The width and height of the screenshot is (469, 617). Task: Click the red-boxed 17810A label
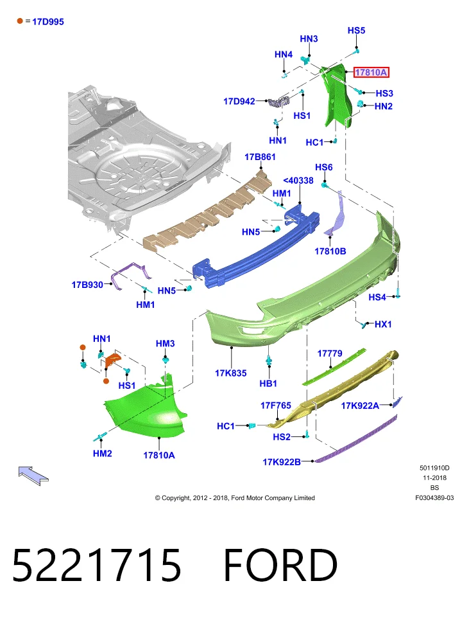pyautogui.click(x=371, y=73)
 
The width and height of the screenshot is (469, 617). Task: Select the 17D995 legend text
pyautogui.click(x=48, y=22)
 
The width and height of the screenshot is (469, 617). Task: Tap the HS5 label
pyautogui.click(x=356, y=30)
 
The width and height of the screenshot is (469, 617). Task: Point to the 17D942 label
pyautogui.click(x=239, y=102)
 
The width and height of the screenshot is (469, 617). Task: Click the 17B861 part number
pyautogui.click(x=260, y=157)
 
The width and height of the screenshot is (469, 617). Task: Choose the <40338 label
pyautogui.click(x=298, y=181)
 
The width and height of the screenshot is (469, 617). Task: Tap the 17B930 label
pyautogui.click(x=87, y=285)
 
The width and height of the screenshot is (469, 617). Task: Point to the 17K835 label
pyautogui.click(x=231, y=373)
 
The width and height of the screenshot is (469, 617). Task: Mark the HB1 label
pyautogui.click(x=268, y=383)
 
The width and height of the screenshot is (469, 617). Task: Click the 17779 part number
pyautogui.click(x=330, y=353)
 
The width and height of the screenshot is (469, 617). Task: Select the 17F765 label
pyautogui.click(x=276, y=406)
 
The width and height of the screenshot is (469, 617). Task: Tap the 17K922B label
pyautogui.click(x=282, y=461)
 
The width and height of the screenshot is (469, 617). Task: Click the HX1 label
pyautogui.click(x=383, y=324)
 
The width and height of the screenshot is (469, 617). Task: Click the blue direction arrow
pyautogui.click(x=33, y=476)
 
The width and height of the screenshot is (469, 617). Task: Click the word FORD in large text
pyautogui.click(x=280, y=565)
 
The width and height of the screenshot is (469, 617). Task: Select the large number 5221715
pyautogui.click(x=97, y=565)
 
